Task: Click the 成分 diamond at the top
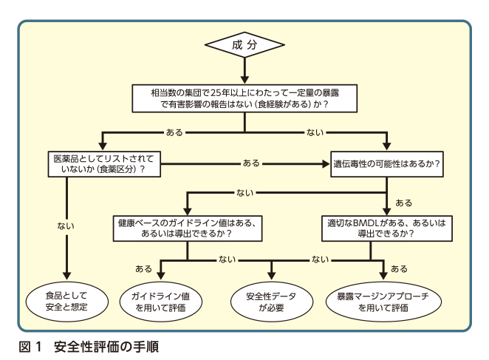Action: (244, 46)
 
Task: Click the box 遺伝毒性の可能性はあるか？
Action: (386, 165)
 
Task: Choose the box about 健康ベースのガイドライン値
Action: (188, 227)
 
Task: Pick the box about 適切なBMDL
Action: (386, 227)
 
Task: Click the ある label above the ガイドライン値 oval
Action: (143, 268)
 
